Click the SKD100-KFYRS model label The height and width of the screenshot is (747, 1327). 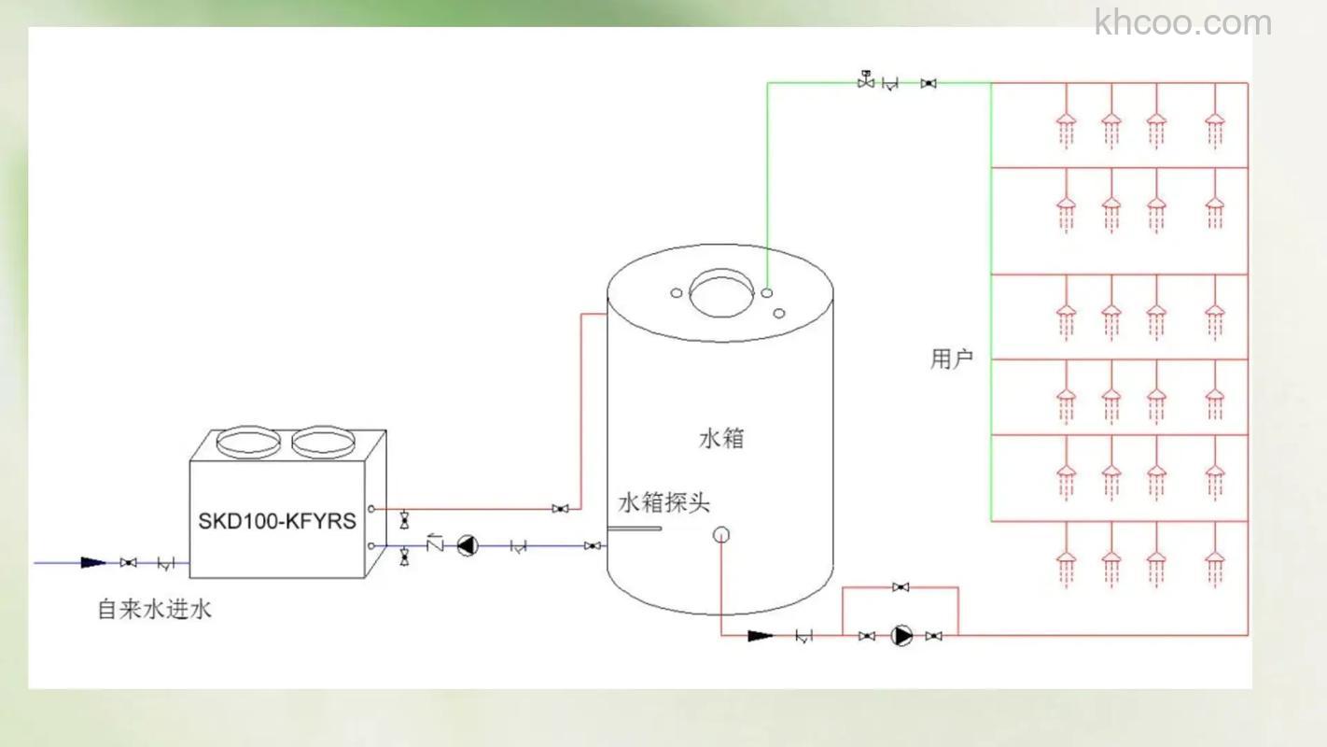[x=276, y=521]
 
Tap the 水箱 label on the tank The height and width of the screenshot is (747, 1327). [x=721, y=438]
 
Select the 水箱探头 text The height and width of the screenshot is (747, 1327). [x=663, y=502]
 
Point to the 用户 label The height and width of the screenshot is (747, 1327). [x=951, y=359]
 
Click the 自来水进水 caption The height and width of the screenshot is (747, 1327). [x=155, y=610]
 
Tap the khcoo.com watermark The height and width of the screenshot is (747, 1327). [x=1182, y=21]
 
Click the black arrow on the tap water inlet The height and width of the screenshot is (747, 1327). [x=93, y=562]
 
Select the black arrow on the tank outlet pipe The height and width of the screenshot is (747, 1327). [x=761, y=636]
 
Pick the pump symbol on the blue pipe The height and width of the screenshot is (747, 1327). [x=466, y=545]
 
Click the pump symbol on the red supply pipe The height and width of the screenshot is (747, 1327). [x=901, y=636]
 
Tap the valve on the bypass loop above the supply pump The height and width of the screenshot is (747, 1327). [x=901, y=587]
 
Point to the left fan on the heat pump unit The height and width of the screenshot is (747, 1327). [x=247, y=442]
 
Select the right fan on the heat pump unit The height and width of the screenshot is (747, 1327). [x=322, y=442]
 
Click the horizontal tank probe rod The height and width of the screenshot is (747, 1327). [x=635, y=529]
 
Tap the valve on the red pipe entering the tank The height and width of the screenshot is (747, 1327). [x=560, y=509]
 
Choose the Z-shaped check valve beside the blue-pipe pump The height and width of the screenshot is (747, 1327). [x=434, y=543]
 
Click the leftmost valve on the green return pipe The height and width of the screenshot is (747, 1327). [x=865, y=82]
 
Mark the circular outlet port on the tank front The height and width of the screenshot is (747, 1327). [x=720, y=535]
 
